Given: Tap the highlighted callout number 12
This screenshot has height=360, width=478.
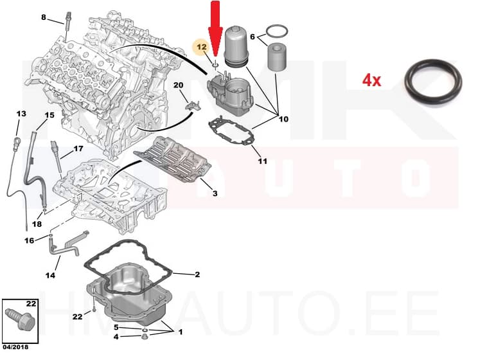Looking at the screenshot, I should (x=201, y=47).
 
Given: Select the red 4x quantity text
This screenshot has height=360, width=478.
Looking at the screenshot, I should (x=372, y=80).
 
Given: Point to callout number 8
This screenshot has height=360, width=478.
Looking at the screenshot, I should (x=43, y=17).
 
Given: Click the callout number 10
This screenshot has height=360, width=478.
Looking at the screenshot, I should (x=283, y=119).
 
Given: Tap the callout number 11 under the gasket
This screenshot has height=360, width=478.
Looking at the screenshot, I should (x=262, y=161).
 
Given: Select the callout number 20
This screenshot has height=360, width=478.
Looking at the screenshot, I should (x=178, y=85).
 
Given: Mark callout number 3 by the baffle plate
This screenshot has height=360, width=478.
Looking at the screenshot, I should (x=215, y=194).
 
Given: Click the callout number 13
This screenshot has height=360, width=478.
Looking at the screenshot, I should (x=21, y=114).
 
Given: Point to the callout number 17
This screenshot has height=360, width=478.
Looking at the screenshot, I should (x=78, y=148).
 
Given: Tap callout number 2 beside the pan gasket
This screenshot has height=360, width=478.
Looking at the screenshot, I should (x=197, y=274).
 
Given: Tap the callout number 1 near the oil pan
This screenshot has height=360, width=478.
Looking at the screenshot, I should (x=181, y=332).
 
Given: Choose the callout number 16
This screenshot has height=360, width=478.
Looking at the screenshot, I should (x=29, y=240).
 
